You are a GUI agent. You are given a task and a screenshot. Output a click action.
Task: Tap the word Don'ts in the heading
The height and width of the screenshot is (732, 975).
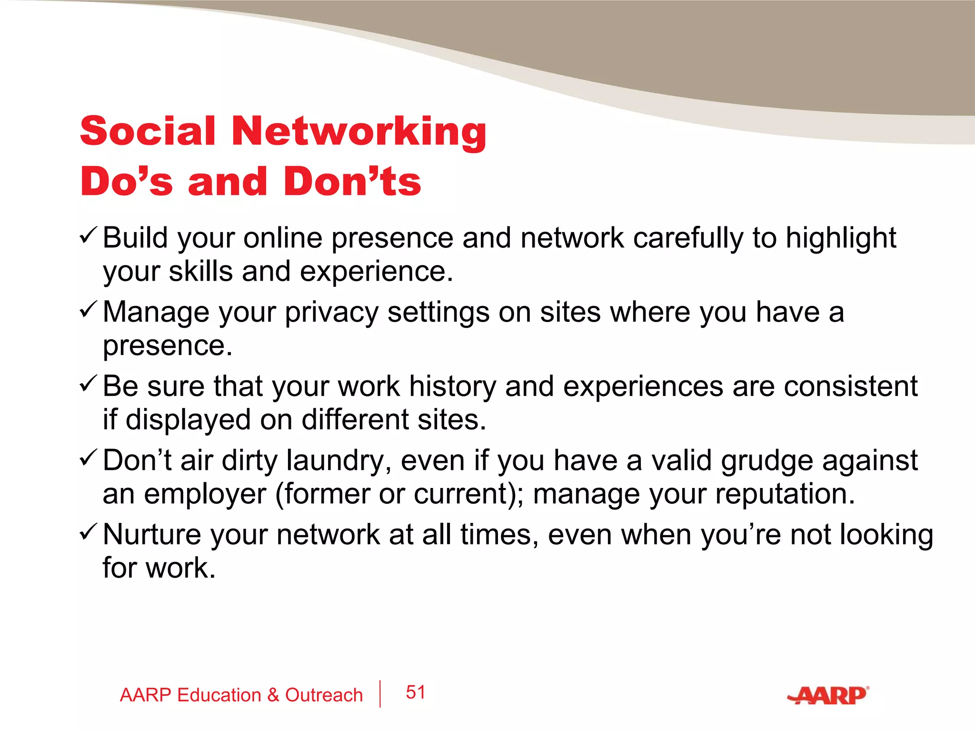point(352,182)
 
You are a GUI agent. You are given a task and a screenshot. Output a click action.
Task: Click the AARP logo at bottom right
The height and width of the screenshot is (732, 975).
point(828,695)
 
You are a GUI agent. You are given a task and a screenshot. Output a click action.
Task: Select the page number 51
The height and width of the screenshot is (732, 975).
point(415,692)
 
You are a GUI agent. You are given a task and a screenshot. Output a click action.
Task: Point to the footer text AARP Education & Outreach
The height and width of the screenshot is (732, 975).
point(241,695)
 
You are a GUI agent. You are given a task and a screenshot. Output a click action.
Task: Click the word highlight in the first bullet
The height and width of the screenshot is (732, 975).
point(840,238)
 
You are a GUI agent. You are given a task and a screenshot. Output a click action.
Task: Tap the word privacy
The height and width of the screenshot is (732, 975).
point(331,313)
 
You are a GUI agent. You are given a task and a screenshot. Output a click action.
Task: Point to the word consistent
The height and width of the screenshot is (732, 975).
point(850,386)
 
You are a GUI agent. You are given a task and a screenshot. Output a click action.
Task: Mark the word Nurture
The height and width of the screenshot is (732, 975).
point(152,535)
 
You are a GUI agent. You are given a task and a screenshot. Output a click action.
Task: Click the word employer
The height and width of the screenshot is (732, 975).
point(205,494)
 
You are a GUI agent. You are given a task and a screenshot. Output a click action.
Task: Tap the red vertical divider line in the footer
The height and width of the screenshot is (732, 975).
point(380,694)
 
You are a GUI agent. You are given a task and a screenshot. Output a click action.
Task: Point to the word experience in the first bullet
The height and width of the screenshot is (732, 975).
point(376,272)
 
